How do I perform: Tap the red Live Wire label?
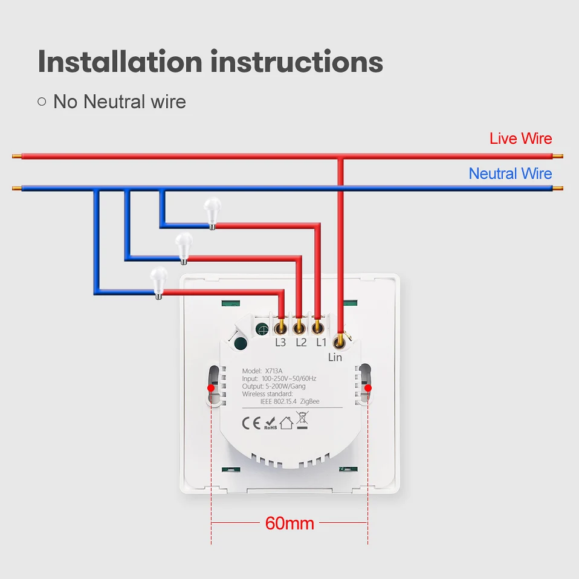[x=520, y=138]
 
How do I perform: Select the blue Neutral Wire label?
[x=510, y=174]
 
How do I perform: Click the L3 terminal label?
[x=280, y=343]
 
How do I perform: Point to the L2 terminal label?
[x=302, y=343]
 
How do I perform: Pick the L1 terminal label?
[x=322, y=343]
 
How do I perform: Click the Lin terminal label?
[x=335, y=357]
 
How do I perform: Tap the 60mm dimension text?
[x=289, y=523]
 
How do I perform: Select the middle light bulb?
[x=183, y=247]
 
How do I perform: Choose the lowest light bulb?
[x=158, y=281]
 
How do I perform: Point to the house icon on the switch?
[x=286, y=423]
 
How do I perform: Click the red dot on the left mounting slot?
[x=210, y=387]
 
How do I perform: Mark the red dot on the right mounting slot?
[x=368, y=387]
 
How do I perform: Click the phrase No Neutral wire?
[x=119, y=102]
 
